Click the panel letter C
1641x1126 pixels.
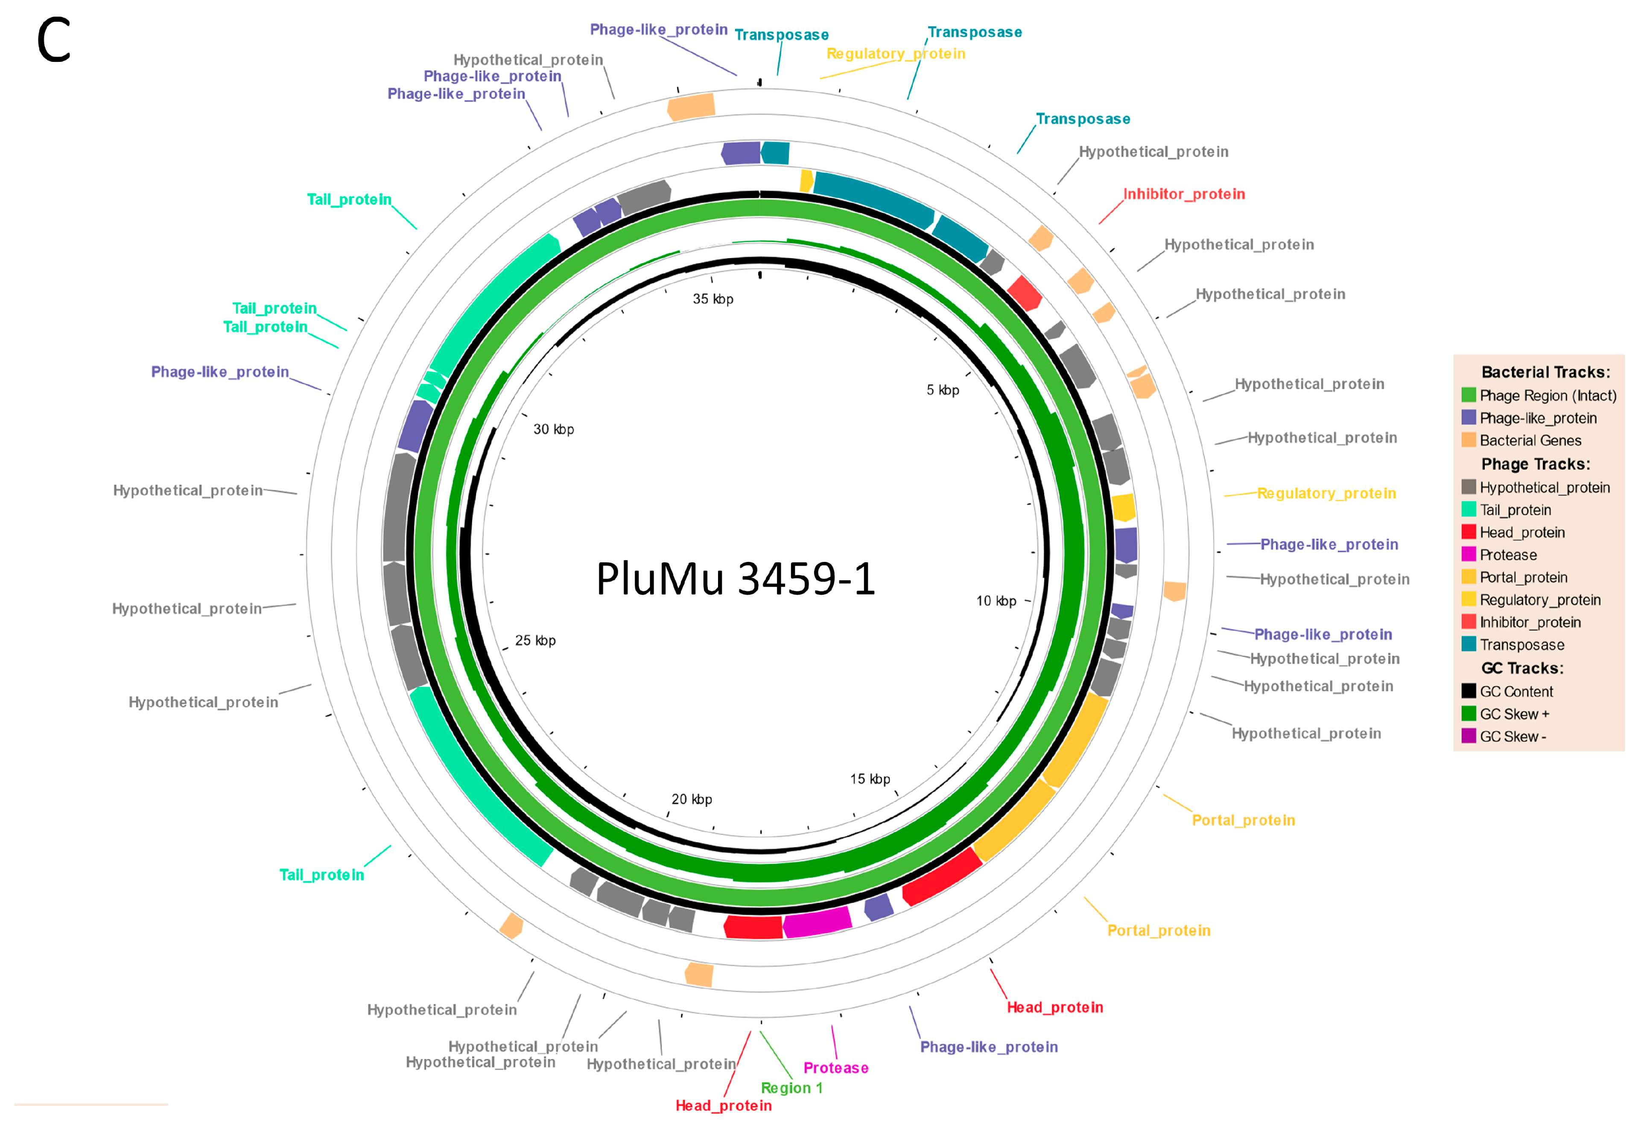pyautogui.click(x=54, y=40)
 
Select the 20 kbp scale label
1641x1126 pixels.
pyautogui.click(x=691, y=799)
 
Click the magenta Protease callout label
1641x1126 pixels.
pyautogui.click(x=835, y=1068)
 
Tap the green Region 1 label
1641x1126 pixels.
pyautogui.click(x=791, y=1088)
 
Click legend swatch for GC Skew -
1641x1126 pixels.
pyautogui.click(x=1469, y=736)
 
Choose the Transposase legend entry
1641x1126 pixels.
pyautogui.click(x=1521, y=645)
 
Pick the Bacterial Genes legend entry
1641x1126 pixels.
pyautogui.click(x=1530, y=440)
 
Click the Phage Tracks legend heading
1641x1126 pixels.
pyautogui.click(x=1535, y=464)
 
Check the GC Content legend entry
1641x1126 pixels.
pyautogui.click(x=1516, y=692)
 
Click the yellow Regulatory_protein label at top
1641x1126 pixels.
pyautogui.click(x=895, y=54)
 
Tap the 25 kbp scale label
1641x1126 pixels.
pyautogui.click(x=534, y=640)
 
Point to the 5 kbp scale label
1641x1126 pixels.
pyautogui.click(x=943, y=390)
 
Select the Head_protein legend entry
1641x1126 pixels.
pyautogui.click(x=1521, y=532)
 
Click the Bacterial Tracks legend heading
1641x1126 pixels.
pyautogui.click(x=1545, y=372)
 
